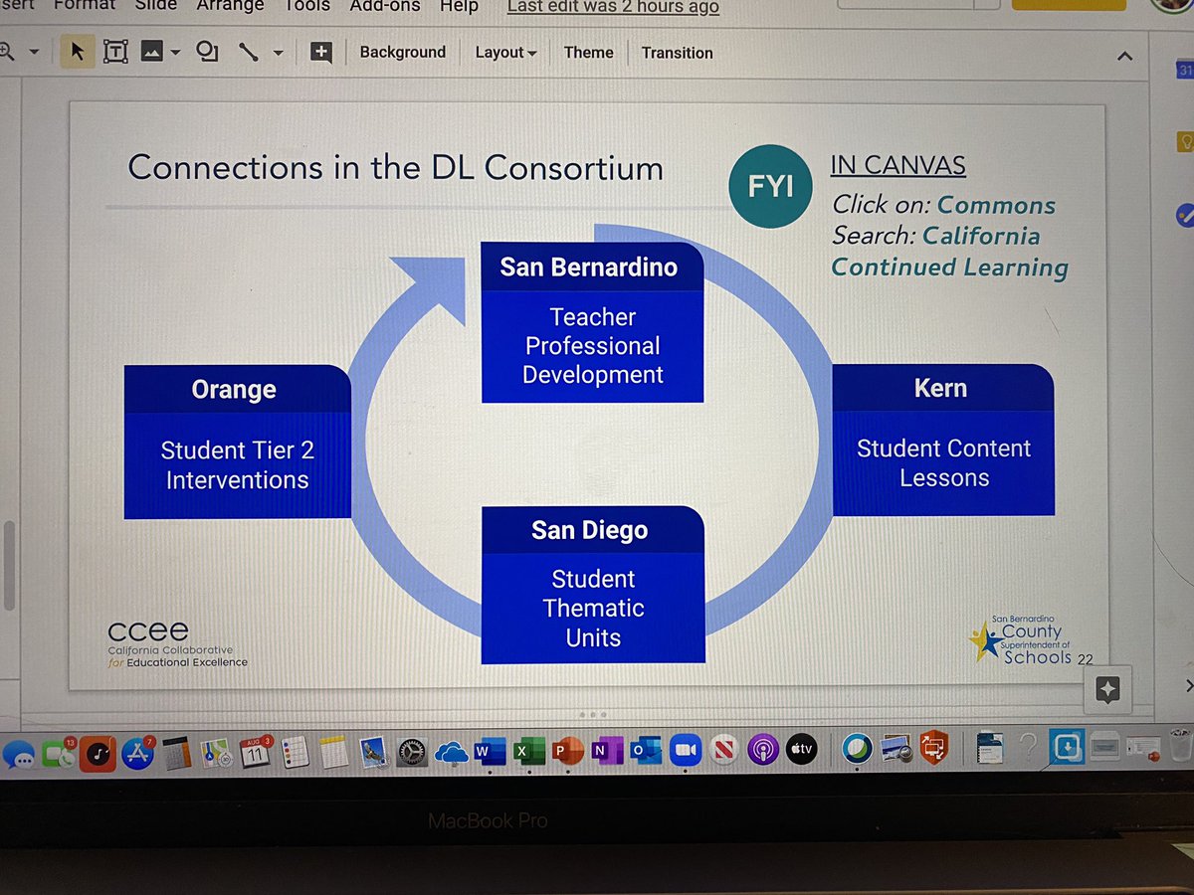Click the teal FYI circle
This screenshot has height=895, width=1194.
770,186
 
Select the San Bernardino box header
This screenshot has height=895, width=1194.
589,267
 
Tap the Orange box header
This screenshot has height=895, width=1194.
234,390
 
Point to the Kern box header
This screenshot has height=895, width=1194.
940,388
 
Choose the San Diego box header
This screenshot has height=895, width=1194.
589,530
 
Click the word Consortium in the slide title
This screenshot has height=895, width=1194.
574,168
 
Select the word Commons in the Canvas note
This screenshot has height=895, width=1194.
996,206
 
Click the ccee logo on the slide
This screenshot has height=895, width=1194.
149,631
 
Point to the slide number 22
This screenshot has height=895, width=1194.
1085,659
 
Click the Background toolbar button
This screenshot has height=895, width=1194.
402,53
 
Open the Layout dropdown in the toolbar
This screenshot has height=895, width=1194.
505,53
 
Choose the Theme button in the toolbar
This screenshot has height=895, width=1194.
588,53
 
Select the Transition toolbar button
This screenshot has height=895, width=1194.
677,53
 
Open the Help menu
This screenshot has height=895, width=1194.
460,6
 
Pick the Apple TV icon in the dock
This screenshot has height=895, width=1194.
801,750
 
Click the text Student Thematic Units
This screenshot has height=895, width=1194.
593,608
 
